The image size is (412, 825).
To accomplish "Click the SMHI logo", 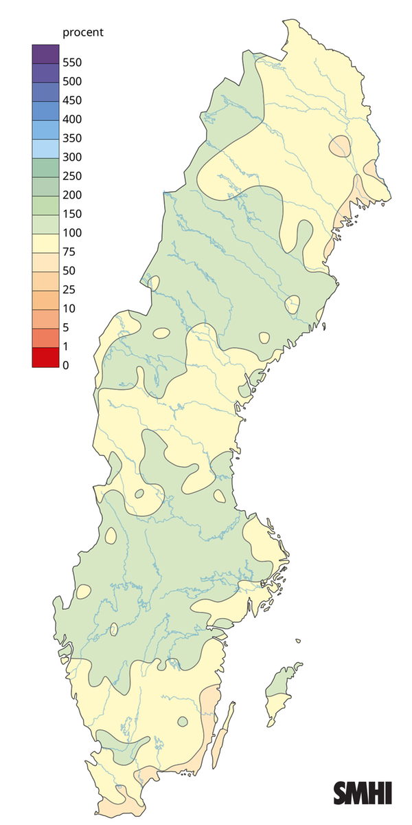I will (x=363, y=792).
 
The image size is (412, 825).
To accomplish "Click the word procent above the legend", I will (x=82, y=32).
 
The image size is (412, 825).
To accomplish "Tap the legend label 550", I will (x=72, y=63).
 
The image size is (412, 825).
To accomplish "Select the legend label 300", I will (x=72, y=157).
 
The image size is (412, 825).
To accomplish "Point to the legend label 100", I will (x=72, y=232).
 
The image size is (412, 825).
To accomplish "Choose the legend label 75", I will (x=69, y=252).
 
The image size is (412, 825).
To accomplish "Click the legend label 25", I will (x=69, y=289).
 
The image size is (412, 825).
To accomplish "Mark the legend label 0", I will (x=65, y=365).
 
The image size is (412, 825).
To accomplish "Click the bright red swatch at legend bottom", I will (x=45, y=357).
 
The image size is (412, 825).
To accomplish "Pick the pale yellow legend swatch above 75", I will (x=45, y=243).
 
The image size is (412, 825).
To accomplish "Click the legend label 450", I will (x=72, y=100).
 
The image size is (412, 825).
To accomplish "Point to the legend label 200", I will (x=72, y=195).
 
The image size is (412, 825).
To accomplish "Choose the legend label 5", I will (x=65, y=327).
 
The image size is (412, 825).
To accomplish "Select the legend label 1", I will (x=65, y=346).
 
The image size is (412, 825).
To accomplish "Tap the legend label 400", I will (x=72, y=119).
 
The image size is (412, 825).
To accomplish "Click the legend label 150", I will (x=72, y=214).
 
